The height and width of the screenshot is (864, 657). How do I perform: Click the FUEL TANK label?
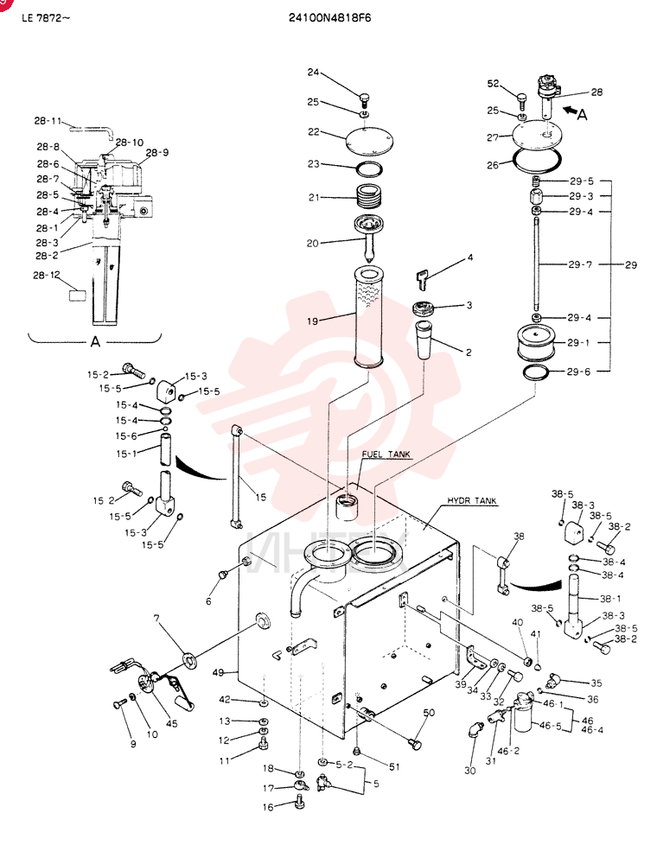(386, 454)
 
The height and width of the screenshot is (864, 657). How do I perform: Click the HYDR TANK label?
(472, 501)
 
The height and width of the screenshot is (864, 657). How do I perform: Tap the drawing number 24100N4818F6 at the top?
(329, 17)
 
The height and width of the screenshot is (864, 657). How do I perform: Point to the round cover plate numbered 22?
(369, 140)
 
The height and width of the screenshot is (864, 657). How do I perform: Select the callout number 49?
(218, 672)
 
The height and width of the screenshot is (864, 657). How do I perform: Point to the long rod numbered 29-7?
(536, 265)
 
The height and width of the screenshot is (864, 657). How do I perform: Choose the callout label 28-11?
(48, 121)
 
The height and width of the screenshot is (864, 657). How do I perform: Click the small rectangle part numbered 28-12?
(78, 295)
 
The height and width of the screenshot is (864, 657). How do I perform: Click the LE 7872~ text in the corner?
(46, 17)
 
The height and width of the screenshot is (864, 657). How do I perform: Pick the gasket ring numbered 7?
(189, 659)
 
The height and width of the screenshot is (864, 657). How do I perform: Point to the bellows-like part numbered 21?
(369, 196)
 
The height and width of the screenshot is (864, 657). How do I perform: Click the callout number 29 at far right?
(631, 265)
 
